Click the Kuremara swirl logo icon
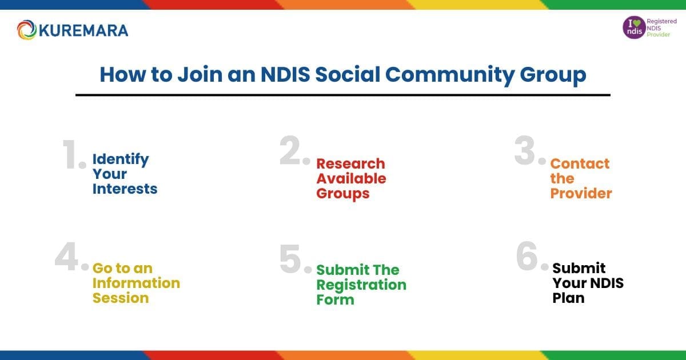coord(27,30)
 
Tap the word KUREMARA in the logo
coord(83,30)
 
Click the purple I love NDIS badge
coord(633,27)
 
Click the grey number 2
coord(293,151)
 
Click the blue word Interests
coord(125,189)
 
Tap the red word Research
coord(350,164)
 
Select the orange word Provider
coord(581,194)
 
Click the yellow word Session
coord(121,298)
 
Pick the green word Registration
coord(361,285)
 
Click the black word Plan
coord(568,298)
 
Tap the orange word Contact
coord(580,164)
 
